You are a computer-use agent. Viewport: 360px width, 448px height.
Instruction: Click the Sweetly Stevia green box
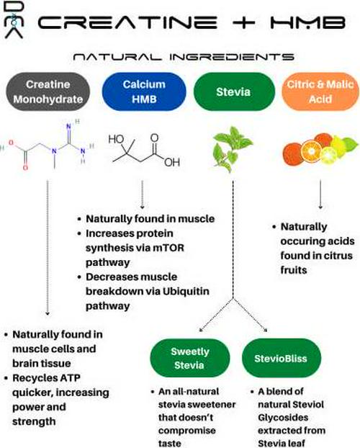tap(189, 358)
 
